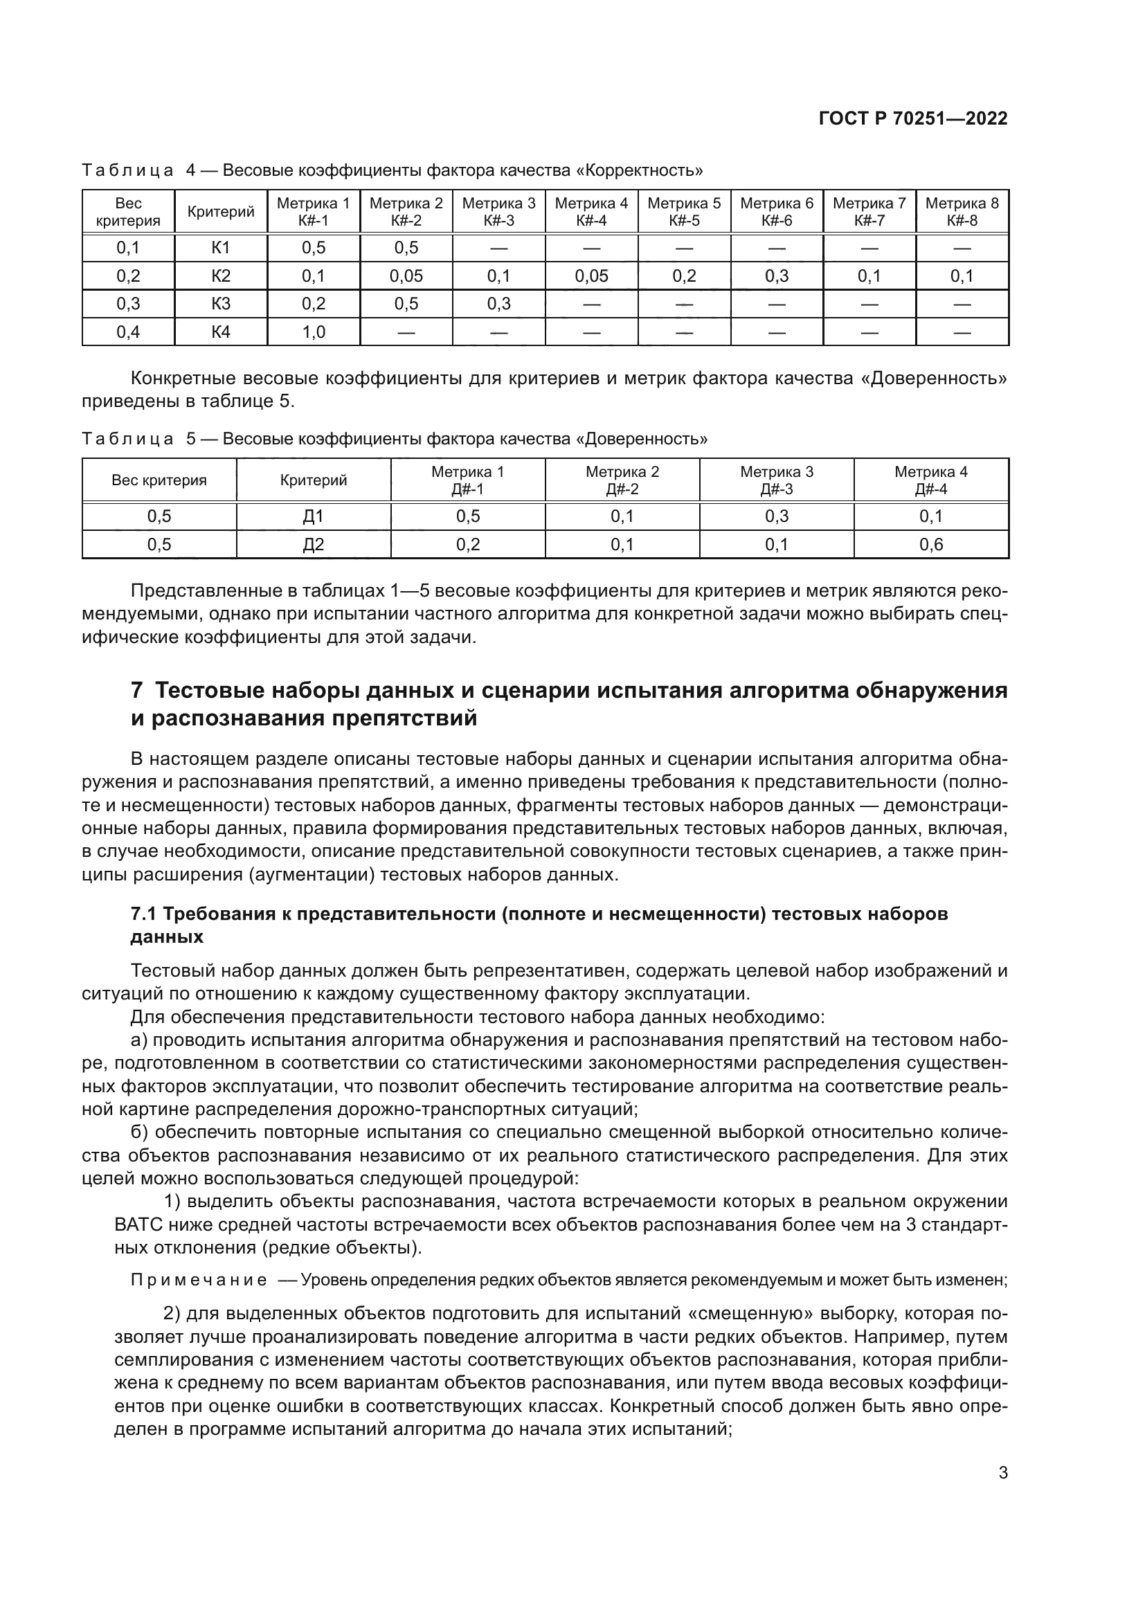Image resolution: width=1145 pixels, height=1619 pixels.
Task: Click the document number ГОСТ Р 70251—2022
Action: (x=913, y=118)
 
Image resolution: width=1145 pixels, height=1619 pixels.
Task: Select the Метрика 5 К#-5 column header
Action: (x=684, y=212)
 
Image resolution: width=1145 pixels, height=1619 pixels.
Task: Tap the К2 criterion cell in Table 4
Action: (x=221, y=275)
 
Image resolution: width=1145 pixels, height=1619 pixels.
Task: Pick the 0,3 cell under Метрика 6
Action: (x=777, y=275)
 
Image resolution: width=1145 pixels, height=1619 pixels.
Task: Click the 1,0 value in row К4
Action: (x=313, y=332)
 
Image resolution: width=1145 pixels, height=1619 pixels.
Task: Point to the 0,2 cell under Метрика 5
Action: (x=684, y=275)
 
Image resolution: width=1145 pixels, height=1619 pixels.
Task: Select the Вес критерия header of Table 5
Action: (x=159, y=481)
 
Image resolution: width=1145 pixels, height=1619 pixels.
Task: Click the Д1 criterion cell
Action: (x=313, y=516)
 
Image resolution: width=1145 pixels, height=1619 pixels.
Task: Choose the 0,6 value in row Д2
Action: (x=930, y=544)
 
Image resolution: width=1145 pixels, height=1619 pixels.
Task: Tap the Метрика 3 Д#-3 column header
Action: (x=776, y=480)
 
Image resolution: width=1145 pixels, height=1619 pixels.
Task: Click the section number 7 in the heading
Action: (x=137, y=690)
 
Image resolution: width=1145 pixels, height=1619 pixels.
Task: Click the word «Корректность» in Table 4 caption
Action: (x=644, y=171)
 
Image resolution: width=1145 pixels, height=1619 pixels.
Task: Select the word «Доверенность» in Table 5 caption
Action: (x=642, y=440)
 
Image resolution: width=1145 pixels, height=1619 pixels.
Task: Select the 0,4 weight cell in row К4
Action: (x=128, y=332)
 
